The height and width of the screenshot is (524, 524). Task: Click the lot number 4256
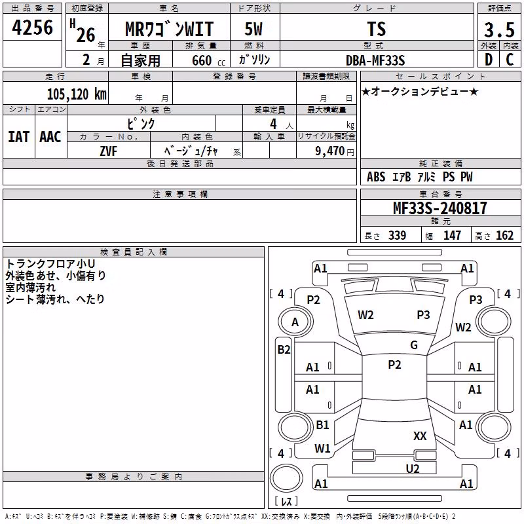point(32,28)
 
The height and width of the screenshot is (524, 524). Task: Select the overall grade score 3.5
point(499,29)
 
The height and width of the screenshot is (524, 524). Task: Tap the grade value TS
point(377,29)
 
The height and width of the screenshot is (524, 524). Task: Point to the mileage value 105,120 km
point(77,94)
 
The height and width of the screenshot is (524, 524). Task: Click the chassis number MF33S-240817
point(440,208)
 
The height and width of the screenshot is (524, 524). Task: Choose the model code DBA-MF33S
point(375,60)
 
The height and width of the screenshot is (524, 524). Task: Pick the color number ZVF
point(109,151)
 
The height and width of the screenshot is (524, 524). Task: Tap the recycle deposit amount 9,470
point(329,151)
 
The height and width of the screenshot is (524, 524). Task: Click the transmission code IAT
point(19,137)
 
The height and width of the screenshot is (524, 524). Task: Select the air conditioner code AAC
point(50,137)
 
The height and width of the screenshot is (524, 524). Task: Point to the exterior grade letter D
point(489,60)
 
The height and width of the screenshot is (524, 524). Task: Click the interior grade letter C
point(510,60)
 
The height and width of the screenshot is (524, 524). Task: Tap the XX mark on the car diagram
point(420,436)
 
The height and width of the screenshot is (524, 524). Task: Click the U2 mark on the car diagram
point(413,468)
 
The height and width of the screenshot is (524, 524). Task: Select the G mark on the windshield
point(414,345)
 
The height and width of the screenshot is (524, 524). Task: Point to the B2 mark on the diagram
point(284,350)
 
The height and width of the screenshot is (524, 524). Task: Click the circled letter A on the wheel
point(295,322)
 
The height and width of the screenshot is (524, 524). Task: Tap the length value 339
point(398,235)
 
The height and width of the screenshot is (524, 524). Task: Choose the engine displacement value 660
point(202,60)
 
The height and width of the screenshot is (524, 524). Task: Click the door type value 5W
point(253,29)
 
